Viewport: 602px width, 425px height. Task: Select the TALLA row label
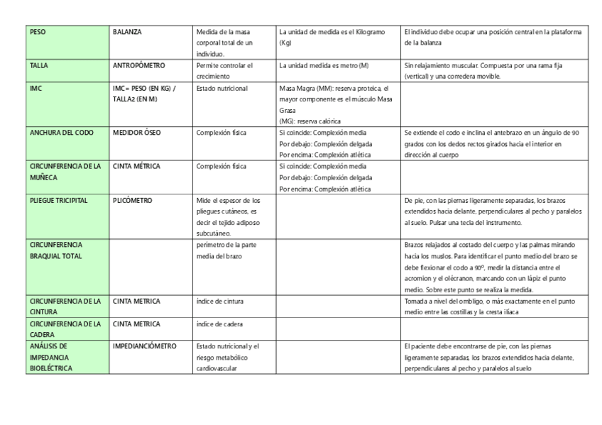39,66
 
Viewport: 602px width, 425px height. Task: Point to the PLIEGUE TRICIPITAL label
59,201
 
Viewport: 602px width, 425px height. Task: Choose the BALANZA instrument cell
128,33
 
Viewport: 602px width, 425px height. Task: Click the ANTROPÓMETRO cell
139,66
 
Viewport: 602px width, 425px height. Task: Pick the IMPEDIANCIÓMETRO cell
144,346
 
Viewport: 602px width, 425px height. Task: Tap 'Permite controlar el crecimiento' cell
224,71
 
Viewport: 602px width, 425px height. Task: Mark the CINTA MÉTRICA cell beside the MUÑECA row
136,167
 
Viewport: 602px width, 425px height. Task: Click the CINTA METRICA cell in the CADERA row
136,324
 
